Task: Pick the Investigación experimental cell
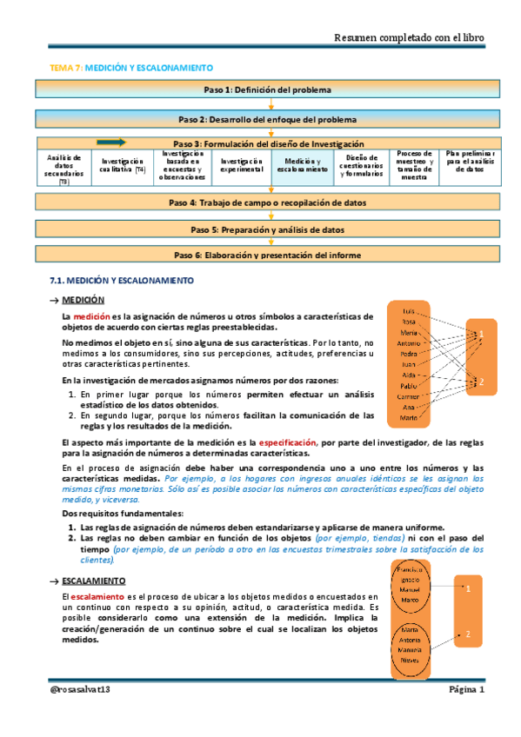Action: point(240,166)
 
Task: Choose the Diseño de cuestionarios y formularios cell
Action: point(361,166)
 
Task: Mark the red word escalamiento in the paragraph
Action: point(97,596)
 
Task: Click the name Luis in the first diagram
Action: point(407,310)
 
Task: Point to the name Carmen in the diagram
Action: point(407,396)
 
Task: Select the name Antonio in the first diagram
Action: point(407,342)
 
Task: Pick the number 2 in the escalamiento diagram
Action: point(467,634)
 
